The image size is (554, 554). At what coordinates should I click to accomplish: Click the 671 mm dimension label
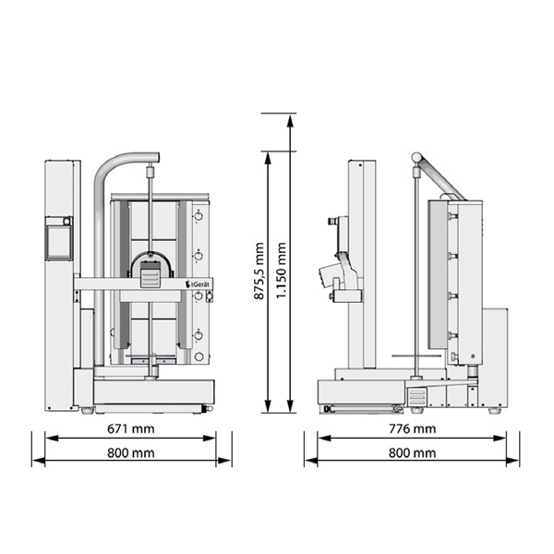[x=131, y=428]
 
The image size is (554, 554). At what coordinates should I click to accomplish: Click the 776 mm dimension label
[x=413, y=428]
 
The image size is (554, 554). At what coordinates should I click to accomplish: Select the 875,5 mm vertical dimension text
[x=259, y=271]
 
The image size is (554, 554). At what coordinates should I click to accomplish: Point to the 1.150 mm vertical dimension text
[x=281, y=271]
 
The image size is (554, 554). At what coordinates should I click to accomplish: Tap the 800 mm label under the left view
[x=131, y=452]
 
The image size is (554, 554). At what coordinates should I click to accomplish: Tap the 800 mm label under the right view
[x=413, y=452]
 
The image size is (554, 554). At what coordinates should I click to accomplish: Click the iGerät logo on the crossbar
[x=198, y=283]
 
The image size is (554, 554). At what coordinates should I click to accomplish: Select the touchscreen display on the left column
[x=59, y=243]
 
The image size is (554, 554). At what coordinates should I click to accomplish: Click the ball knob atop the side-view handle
[x=417, y=157]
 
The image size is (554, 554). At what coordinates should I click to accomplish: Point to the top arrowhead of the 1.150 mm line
[x=290, y=121]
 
